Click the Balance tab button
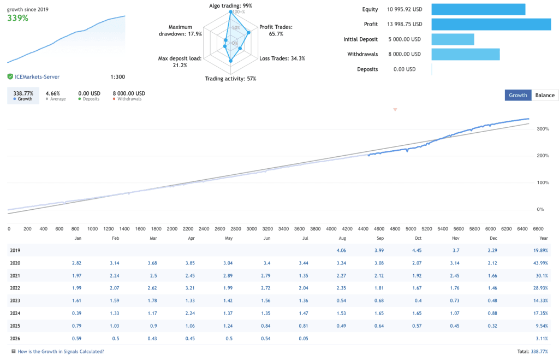coord(545,95)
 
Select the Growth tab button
coord(518,95)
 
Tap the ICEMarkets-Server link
coord(37,76)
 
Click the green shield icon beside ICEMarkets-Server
coord(10,76)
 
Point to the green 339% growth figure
coord(18,18)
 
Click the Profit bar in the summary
coord(491,24)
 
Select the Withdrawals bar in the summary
coord(466,54)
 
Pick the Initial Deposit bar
coord(453,39)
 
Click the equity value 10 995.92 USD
coord(405,9)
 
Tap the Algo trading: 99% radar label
coord(231,5)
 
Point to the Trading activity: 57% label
coord(231,79)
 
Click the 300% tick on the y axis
coord(543,129)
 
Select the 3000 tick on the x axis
coord(252,229)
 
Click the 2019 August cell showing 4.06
coord(341,250)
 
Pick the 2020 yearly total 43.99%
coord(540,263)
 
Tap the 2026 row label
coord(15,339)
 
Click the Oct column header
coord(418,238)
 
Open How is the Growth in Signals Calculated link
coord(61,351)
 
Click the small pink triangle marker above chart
coord(395,110)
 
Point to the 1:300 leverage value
coord(118,76)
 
